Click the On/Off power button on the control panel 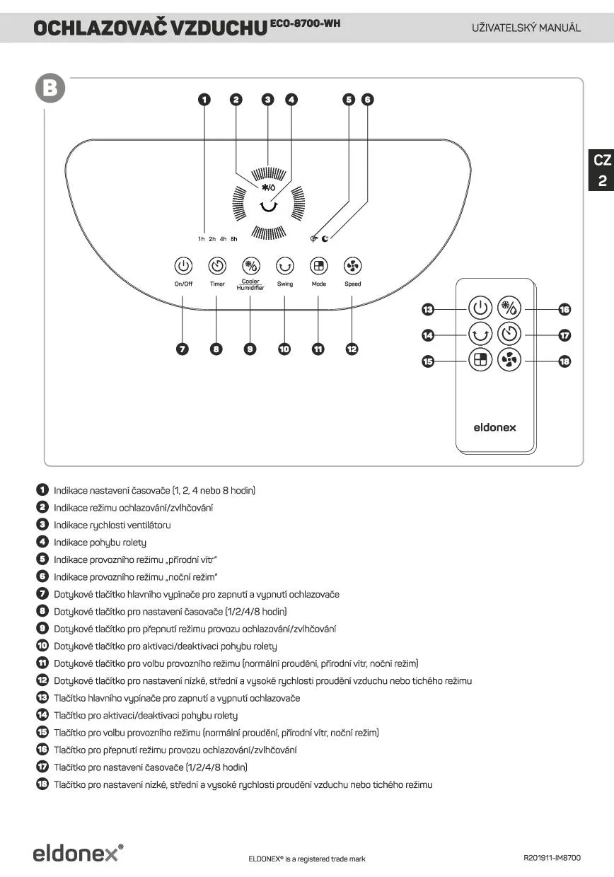coord(183,266)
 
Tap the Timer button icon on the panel coord(217,266)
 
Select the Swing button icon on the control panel coord(284,266)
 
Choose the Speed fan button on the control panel coord(352,266)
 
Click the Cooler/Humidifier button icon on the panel coord(250,266)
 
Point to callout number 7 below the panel coord(183,349)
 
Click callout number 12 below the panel coord(352,349)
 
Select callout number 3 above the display coord(267,100)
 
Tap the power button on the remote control coord(480,308)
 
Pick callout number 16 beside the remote coord(564,309)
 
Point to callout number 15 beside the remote coord(428,361)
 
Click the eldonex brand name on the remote coord(494,427)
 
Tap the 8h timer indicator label coord(234,239)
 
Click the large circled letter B coord(51,88)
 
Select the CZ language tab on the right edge coord(602,161)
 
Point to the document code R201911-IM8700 coord(552,858)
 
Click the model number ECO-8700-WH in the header coord(306,23)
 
